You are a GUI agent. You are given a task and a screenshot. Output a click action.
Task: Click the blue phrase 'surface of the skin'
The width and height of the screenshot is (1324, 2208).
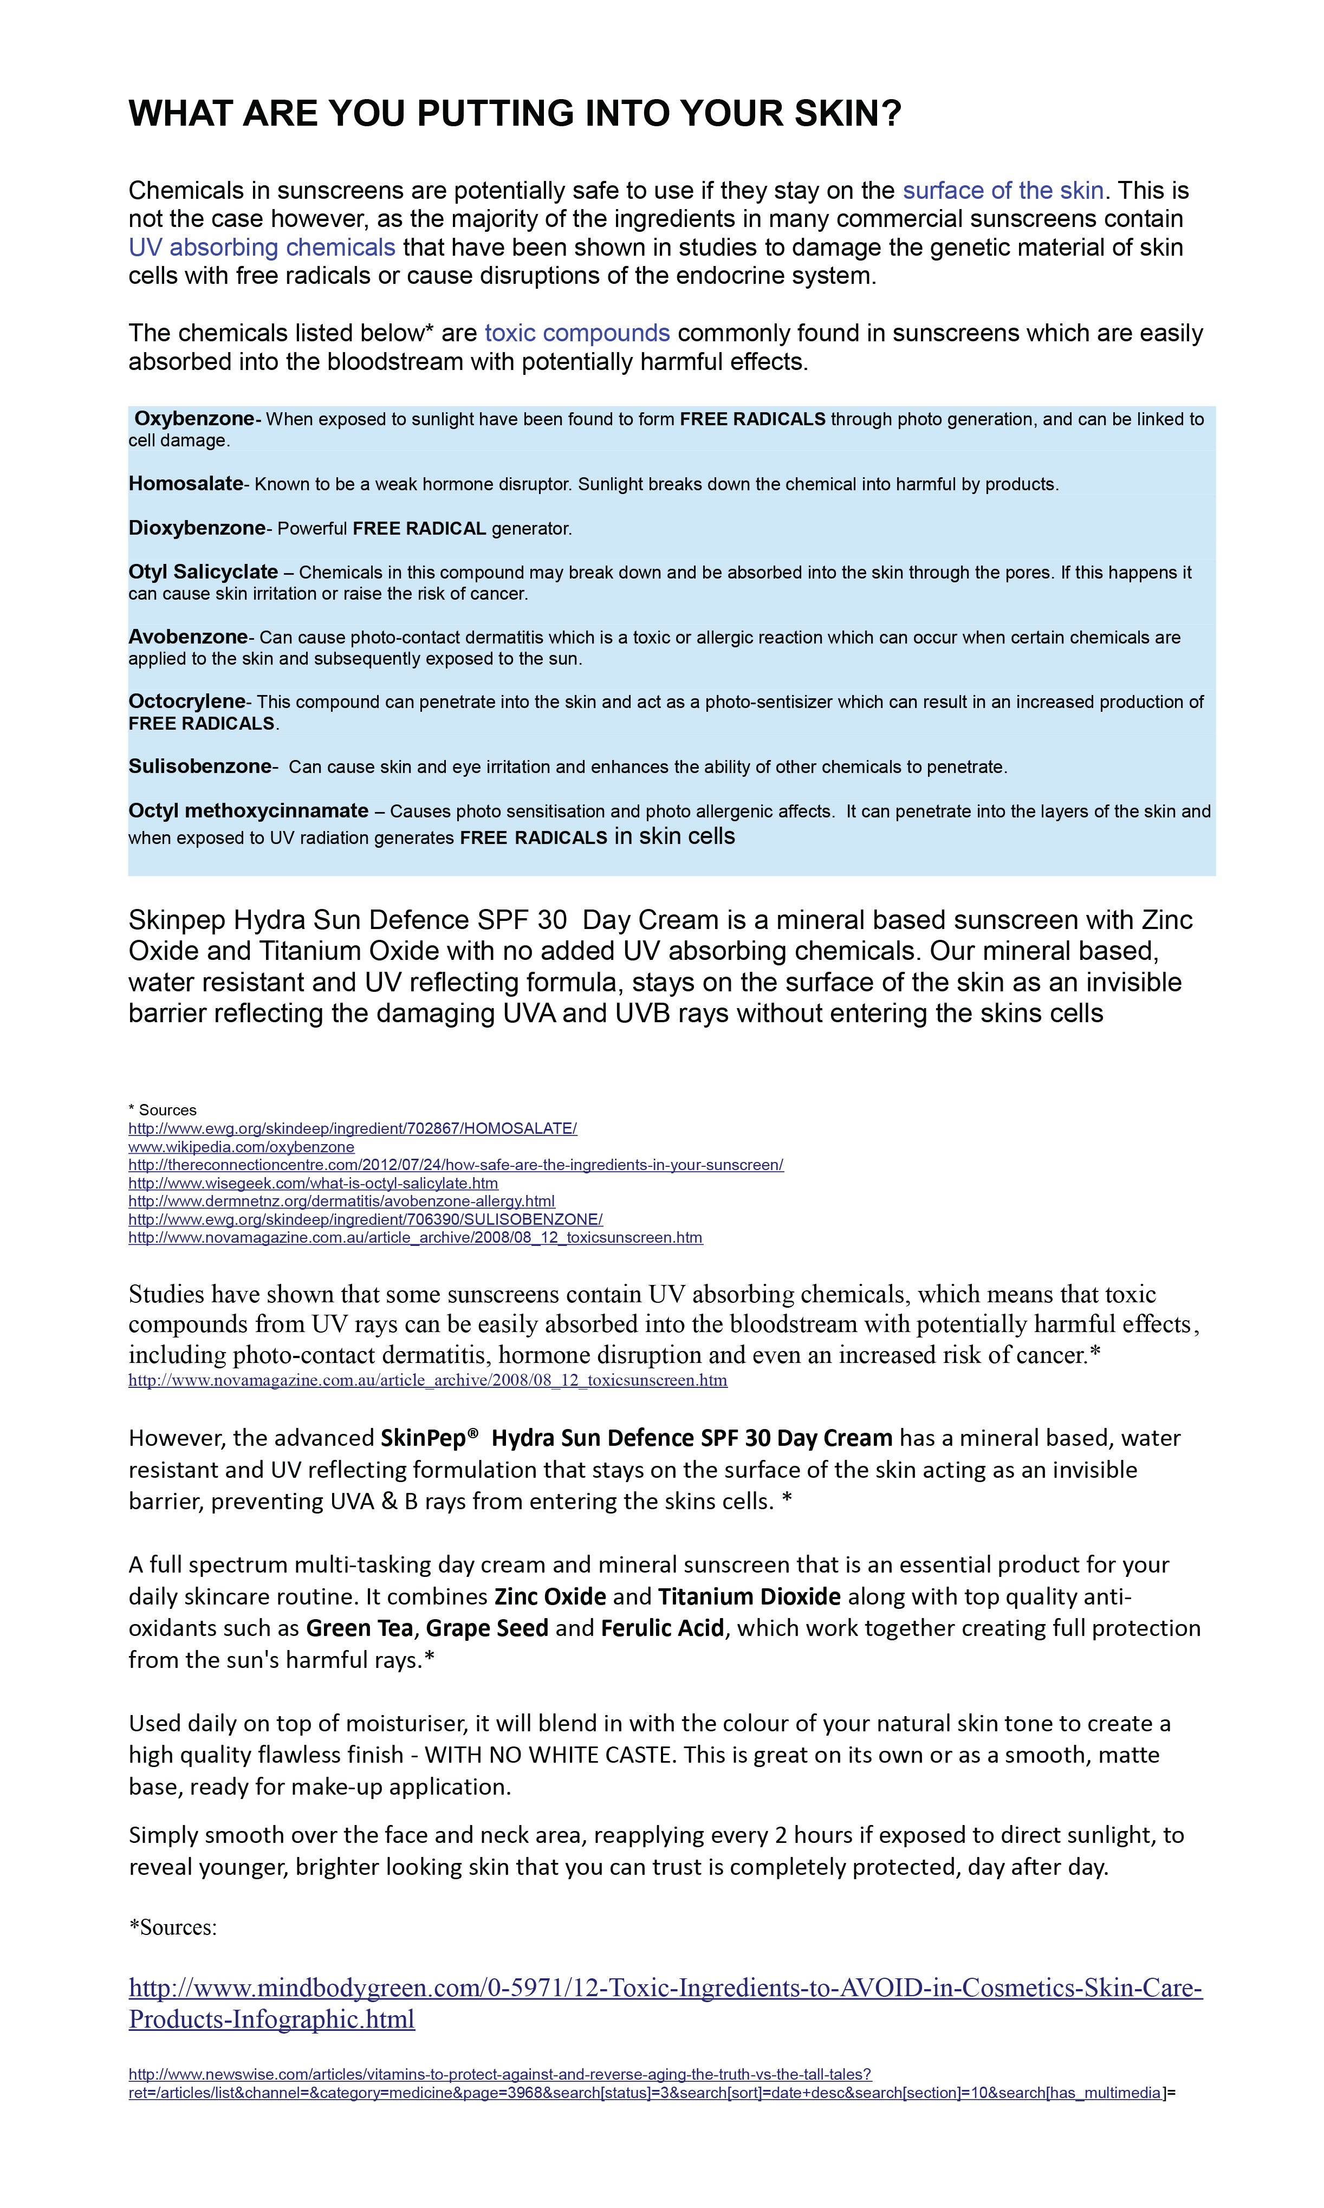(x=1003, y=190)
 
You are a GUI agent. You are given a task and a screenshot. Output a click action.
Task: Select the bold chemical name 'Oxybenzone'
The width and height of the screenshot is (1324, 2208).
(x=194, y=418)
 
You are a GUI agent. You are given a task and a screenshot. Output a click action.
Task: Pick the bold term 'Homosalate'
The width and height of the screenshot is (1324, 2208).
(x=186, y=484)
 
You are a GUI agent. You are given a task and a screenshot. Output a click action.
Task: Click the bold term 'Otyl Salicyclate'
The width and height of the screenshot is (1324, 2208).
(x=203, y=572)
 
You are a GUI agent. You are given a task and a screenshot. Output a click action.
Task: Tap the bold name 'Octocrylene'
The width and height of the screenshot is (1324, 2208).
(x=186, y=701)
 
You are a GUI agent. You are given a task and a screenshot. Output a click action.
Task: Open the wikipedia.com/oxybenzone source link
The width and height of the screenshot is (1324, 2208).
(x=241, y=1146)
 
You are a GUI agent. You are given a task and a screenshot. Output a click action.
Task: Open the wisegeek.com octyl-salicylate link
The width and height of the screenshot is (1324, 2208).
(x=312, y=1183)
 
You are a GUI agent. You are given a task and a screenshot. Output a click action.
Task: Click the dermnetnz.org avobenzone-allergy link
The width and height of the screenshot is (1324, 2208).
(x=341, y=1201)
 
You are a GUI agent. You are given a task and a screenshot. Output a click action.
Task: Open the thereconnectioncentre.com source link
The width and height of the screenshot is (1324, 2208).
(x=455, y=1164)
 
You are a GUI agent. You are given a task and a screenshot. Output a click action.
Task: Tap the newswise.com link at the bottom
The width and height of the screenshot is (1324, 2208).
(x=499, y=2074)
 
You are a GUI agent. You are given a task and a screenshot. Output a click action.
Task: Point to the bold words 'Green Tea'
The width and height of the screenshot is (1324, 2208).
(x=359, y=1628)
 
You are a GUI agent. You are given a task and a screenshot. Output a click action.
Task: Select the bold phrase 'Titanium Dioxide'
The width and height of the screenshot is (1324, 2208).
(x=749, y=1596)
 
